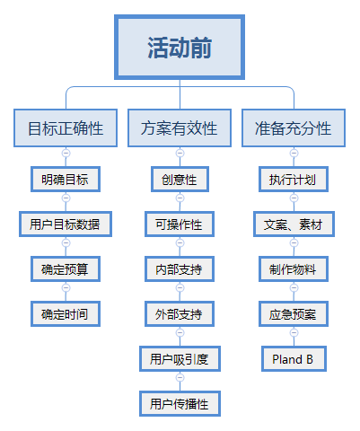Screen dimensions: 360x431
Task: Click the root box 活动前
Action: tap(180, 48)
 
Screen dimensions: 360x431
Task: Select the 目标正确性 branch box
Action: tap(66, 128)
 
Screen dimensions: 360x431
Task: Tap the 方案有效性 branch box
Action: tap(180, 128)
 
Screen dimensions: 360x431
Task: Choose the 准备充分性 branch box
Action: tap(294, 128)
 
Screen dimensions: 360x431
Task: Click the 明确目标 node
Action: tap(66, 180)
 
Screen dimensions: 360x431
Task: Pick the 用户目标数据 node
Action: tap(66, 224)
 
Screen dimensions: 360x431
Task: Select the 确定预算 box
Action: tap(66, 269)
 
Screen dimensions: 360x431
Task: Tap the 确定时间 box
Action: tap(66, 314)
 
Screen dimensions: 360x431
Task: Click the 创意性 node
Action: tap(180, 180)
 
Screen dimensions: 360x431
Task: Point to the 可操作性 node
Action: tap(180, 224)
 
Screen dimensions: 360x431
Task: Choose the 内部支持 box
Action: tap(180, 269)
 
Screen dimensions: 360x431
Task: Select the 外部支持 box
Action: tap(180, 314)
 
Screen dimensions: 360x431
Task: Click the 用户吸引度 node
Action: tap(180, 359)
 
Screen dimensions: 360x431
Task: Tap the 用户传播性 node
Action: tap(180, 404)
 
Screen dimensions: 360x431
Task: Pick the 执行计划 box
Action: tap(294, 180)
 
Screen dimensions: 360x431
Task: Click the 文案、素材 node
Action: tap(294, 224)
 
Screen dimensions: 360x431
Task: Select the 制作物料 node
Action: tap(294, 269)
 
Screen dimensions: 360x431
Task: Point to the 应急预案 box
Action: tap(294, 314)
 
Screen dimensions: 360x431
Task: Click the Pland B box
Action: tap(294, 359)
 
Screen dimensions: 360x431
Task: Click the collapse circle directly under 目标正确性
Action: tap(66, 154)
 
